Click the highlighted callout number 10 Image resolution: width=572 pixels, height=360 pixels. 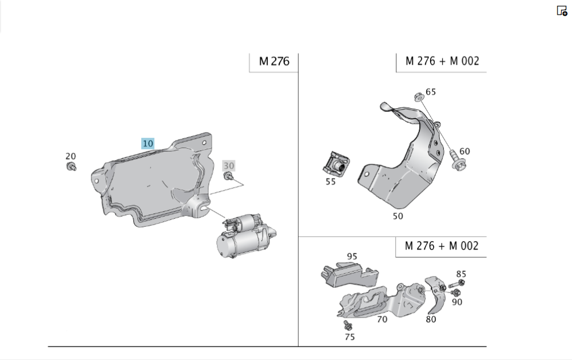[x=148, y=144]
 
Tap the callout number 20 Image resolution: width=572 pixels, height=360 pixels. [x=71, y=156]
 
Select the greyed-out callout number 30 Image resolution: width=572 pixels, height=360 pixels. [x=229, y=166]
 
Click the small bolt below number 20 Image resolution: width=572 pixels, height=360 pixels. [x=71, y=167]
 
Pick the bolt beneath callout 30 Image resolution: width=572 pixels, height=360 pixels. [x=229, y=177]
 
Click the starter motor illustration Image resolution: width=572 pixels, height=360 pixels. [x=246, y=235]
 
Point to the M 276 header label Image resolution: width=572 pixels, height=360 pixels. [x=274, y=61]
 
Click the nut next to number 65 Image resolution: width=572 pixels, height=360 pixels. [x=419, y=97]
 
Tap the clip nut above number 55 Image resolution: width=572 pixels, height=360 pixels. [x=336, y=164]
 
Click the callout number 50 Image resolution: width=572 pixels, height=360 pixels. [x=398, y=216]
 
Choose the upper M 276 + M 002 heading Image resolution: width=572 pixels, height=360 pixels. [x=442, y=61]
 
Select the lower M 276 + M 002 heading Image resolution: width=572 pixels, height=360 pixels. [x=442, y=246]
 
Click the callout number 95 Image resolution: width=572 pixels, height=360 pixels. [x=352, y=256]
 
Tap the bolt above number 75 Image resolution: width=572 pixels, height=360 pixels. [x=348, y=325]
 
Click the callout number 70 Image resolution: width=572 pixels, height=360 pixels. [x=382, y=319]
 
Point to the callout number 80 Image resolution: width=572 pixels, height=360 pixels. [x=431, y=319]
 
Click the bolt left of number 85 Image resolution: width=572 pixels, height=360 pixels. [x=456, y=284]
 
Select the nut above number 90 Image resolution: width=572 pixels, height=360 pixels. [x=456, y=292]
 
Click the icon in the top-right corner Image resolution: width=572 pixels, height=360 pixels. [x=562, y=11]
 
